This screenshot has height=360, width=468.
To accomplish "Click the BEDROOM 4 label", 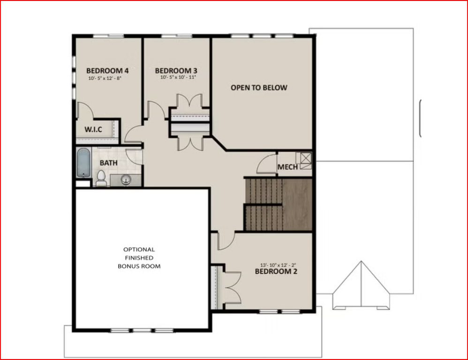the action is click(107, 71).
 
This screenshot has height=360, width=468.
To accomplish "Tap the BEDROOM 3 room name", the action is click(176, 71).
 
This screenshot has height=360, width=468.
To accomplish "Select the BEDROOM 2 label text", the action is click(276, 271).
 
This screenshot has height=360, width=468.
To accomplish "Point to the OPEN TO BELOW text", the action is click(259, 88).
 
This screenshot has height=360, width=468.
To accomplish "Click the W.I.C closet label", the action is click(93, 129).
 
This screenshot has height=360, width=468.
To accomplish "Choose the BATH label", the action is click(108, 163).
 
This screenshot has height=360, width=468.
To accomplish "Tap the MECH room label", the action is click(287, 167).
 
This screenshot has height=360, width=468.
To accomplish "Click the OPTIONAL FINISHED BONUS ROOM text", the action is click(139, 258).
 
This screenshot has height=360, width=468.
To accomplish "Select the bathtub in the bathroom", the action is click(83, 163).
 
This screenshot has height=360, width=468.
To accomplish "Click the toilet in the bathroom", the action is click(101, 178).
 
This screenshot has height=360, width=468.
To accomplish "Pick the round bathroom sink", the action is click(126, 180).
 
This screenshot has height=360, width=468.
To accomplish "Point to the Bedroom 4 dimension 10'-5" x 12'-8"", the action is click(105, 78).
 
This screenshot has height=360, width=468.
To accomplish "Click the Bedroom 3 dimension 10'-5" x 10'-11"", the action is click(178, 77).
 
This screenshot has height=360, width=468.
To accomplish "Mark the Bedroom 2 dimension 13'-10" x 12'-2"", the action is click(278, 265).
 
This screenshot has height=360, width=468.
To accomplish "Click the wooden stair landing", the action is click(297, 204).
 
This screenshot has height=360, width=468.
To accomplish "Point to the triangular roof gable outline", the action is click(361, 285).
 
